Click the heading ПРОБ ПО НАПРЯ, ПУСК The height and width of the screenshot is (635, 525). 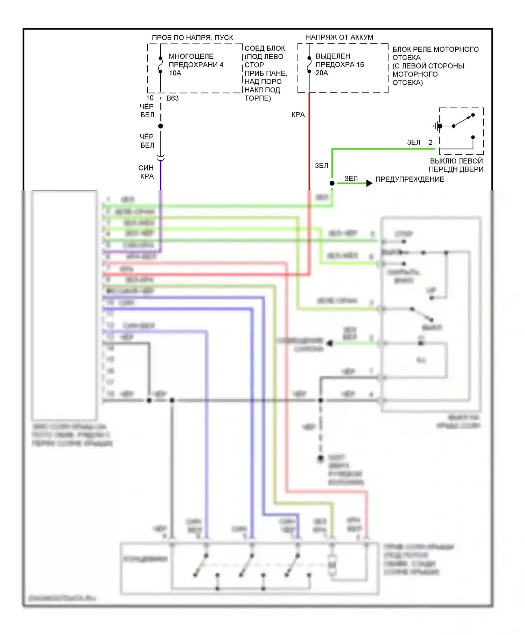[x=192, y=37]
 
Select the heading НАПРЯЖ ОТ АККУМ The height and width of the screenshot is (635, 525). [x=339, y=37]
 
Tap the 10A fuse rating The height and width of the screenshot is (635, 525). [x=175, y=73]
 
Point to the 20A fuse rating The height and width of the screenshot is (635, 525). [x=322, y=73]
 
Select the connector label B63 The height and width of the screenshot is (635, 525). [x=173, y=98]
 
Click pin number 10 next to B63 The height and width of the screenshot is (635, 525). [x=150, y=98]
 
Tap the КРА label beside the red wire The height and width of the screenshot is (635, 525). [x=298, y=115]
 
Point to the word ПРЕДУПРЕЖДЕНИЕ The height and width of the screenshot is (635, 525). [x=409, y=179]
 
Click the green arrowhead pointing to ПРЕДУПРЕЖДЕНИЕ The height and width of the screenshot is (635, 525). [x=369, y=183]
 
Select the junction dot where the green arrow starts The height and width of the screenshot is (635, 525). [x=332, y=183]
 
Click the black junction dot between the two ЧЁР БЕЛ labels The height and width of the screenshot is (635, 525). [x=161, y=126]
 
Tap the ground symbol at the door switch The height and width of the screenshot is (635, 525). [x=435, y=126]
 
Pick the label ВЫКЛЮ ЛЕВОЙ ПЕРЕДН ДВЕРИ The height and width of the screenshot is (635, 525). [x=456, y=165]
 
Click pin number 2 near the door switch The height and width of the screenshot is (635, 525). [x=430, y=142]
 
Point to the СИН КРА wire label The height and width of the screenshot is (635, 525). [x=146, y=172]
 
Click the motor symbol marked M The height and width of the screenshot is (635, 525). [x=332, y=564]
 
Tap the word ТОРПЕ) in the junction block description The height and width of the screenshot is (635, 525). [x=258, y=98]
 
